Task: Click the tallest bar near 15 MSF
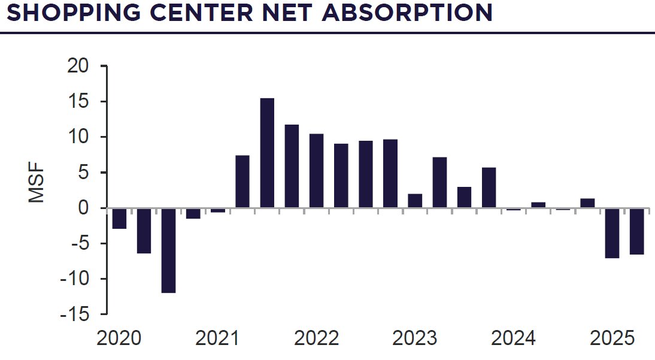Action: [x=267, y=153]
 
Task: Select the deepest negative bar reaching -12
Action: [x=168, y=250]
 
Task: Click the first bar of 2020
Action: [x=119, y=218]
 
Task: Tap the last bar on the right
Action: [x=636, y=231]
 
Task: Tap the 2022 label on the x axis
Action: [x=317, y=338]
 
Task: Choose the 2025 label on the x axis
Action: [x=612, y=338]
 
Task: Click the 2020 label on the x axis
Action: [x=119, y=338]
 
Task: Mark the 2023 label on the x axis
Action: [x=415, y=338]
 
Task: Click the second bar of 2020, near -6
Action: [x=144, y=231]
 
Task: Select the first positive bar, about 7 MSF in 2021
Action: [x=242, y=181]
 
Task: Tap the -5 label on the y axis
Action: [x=78, y=244]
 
